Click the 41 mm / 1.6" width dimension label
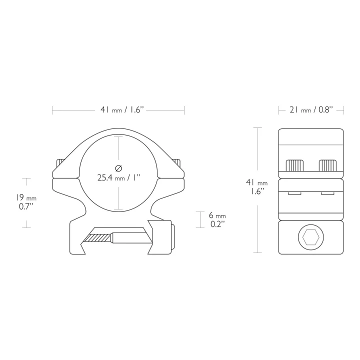pos(122,110)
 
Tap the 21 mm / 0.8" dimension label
pos(311,110)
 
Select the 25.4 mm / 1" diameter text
pos(118,177)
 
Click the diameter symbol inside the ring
pos(118,168)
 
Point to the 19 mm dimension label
pos(26,197)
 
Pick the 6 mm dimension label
pos(217,215)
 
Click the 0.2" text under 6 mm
pos(216,224)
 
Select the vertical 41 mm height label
pos(257,182)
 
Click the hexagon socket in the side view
pos(311,237)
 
